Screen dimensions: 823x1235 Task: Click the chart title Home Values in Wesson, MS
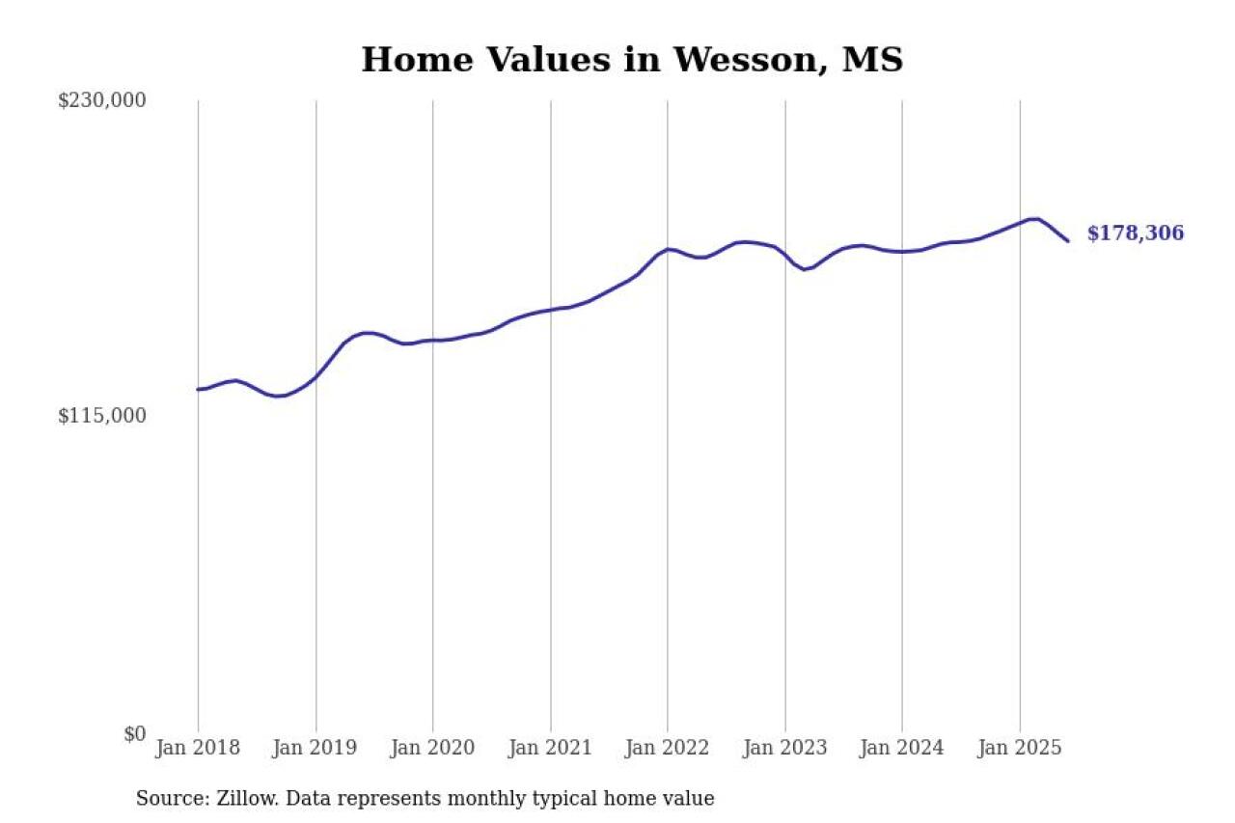[632, 60]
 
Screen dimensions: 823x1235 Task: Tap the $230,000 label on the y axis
[102, 100]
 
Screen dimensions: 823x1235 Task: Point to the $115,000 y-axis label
[102, 416]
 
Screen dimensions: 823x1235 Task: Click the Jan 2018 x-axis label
[198, 748]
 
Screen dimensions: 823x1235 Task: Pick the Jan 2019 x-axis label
[316, 748]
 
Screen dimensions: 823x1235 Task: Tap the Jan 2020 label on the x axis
[432, 748]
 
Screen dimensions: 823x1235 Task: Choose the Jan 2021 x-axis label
[550, 748]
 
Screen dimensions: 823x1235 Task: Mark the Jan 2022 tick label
[668, 748]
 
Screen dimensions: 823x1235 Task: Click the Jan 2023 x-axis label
[784, 748]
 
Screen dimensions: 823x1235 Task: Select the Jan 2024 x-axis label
[902, 748]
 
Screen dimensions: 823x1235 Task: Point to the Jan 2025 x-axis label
[1020, 748]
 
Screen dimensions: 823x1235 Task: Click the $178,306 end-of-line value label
[1135, 233]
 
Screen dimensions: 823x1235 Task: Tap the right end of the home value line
[1067, 240]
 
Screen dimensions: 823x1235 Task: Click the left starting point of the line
[198, 390]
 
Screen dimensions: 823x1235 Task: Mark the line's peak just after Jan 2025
[1034, 219]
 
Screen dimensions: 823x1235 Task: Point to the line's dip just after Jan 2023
[805, 268]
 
